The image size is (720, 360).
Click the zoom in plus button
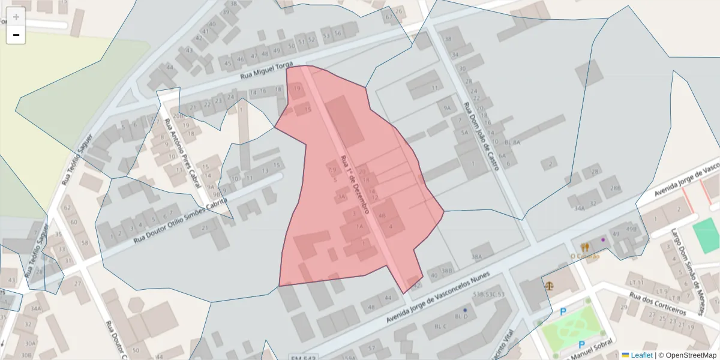click(x=16, y=16)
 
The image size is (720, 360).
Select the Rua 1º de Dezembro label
click(x=354, y=180)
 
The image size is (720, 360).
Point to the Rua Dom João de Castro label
click(x=481, y=136)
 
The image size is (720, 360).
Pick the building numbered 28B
click(x=615, y=188)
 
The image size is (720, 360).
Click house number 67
click(x=389, y=17)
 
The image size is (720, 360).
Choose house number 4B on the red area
click(x=382, y=216)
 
